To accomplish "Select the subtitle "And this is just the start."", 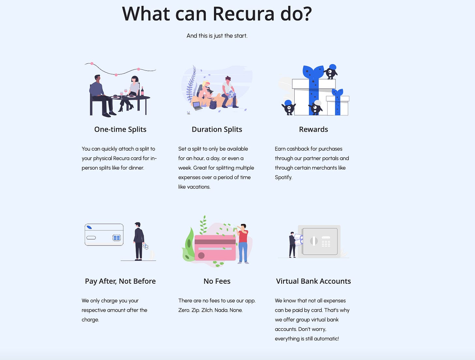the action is pos(217,36).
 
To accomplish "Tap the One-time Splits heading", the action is pos(120,129).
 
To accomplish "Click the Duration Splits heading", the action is pos(217,129).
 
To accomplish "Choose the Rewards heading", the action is pos(314,129).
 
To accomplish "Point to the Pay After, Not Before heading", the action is pos(120,281).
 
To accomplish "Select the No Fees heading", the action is pos(217,281).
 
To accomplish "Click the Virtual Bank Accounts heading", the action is pos(314,281).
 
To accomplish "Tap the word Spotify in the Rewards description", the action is pos(283,177).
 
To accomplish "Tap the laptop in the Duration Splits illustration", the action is pos(197,106).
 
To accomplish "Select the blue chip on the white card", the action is pos(116,238).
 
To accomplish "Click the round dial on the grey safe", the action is pos(314,241).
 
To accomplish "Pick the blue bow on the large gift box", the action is pos(313,72).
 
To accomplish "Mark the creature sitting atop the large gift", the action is pos(330,71).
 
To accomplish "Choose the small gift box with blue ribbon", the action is pos(338,104).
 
